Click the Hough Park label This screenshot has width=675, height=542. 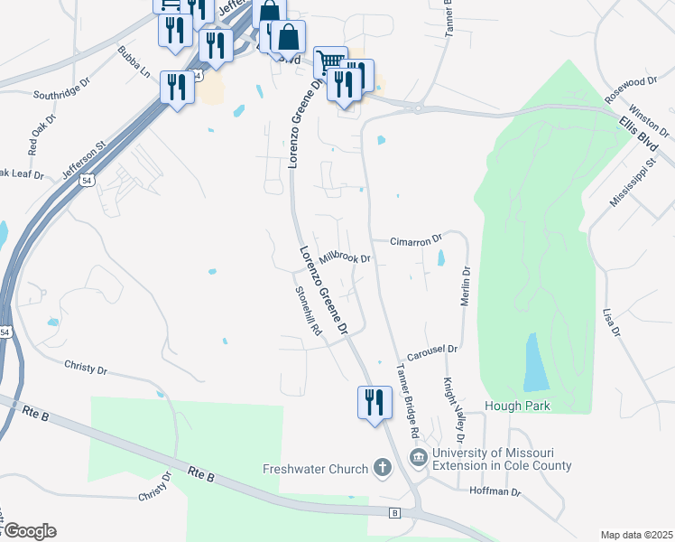pos(517,406)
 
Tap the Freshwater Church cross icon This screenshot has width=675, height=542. pos(383,468)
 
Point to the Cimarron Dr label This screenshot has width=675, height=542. pos(416,241)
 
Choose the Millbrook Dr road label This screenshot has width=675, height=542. pos(346,258)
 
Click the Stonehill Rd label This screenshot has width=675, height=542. pos(309,312)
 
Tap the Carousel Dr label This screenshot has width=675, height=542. pos(433,349)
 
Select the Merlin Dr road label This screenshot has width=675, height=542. pos(466,285)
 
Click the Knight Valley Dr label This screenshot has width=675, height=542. pos(446,402)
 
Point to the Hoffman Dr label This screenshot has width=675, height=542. pos(495,492)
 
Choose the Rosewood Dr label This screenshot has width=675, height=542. pos(631,88)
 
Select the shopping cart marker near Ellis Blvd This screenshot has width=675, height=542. pos(330,61)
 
